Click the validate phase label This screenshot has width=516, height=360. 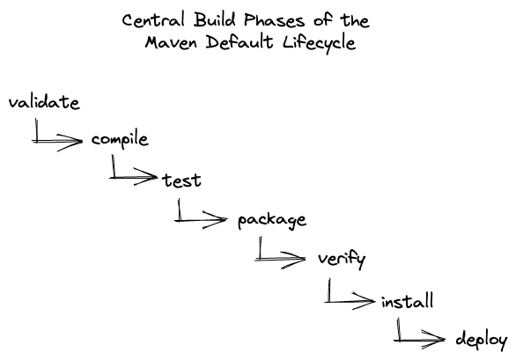pyautogui.click(x=44, y=102)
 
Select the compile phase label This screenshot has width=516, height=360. pyautogui.click(x=120, y=141)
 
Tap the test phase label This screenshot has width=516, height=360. pyautogui.click(x=181, y=180)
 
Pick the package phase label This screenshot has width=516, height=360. pyautogui.click(x=272, y=220)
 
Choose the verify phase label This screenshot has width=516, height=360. pyautogui.click(x=342, y=260)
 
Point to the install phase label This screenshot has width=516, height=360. pyautogui.click(x=407, y=301)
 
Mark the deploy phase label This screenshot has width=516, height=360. pyautogui.click(x=481, y=340)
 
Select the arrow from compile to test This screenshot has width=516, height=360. pyautogui.click(x=119, y=178)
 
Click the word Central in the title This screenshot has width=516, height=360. pyautogui.click(x=153, y=20)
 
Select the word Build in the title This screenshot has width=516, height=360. pyautogui.click(x=215, y=19)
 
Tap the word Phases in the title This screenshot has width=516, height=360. pyautogui.click(x=275, y=21)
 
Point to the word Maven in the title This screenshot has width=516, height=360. pyautogui.click(x=171, y=43)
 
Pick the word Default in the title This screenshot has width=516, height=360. pyautogui.click(x=240, y=42)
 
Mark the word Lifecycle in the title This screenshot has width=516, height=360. pyautogui.click(x=320, y=43)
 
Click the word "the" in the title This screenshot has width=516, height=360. pyautogui.click(x=355, y=21)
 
